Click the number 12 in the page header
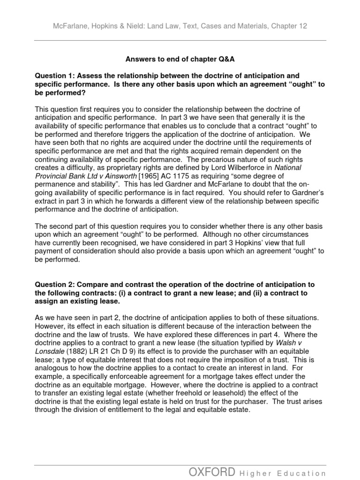click(x=302, y=26)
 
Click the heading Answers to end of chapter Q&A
click(x=180, y=59)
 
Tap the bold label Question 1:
click(x=56, y=75)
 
